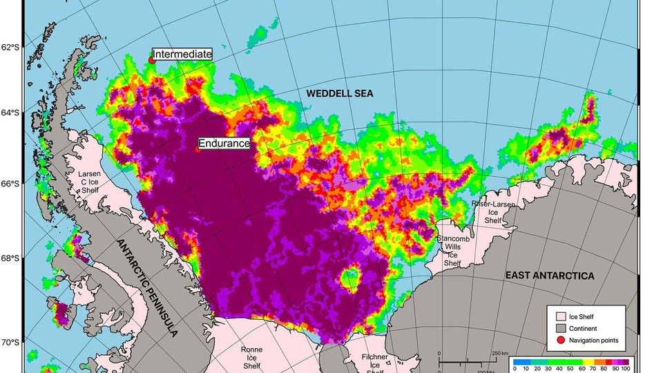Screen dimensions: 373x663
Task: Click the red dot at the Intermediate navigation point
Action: pyautogui.click(x=152, y=60)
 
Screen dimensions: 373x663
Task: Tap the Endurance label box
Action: pyautogui.click(x=224, y=144)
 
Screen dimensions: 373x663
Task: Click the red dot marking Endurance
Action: pyautogui.click(x=198, y=149)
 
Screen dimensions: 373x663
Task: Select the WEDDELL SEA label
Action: pyautogui.click(x=340, y=93)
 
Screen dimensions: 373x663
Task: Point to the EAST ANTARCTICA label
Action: pyautogui.click(x=549, y=276)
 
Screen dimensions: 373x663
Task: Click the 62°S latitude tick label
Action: pyautogui.click(x=10, y=48)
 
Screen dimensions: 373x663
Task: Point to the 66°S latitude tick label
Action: pyautogui.click(x=10, y=184)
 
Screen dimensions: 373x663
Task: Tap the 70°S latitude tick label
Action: pyautogui.click(x=10, y=343)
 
